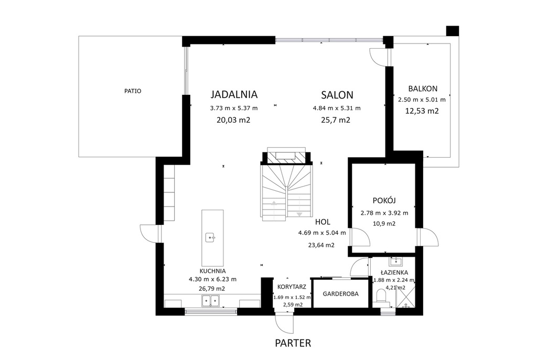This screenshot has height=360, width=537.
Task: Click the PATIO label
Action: (133, 91)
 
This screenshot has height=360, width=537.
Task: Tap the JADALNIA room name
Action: (234, 94)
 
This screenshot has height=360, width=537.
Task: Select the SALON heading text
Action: (337, 95)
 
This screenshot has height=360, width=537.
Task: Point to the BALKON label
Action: (423, 89)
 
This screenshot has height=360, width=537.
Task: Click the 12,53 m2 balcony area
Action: (422, 111)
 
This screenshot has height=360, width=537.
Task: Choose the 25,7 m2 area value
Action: (336, 120)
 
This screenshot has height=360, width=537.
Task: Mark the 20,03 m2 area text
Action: (233, 120)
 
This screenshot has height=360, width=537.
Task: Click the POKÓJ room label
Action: (384, 201)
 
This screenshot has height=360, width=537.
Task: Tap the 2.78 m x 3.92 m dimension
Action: (384, 213)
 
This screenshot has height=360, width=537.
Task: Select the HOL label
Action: (323, 222)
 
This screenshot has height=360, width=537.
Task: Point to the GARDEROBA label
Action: (340, 293)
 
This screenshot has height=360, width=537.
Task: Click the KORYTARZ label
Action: (292, 287)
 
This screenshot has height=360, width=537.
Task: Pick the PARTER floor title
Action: (293, 343)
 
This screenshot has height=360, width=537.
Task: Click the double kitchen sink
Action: (210, 301)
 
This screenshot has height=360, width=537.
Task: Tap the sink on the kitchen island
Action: (210, 237)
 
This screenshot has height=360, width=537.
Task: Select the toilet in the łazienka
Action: (381, 297)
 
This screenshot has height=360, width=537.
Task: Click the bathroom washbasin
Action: (396, 262)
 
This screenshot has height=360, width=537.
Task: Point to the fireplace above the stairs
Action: (286, 156)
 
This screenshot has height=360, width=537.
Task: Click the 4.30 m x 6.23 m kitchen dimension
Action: (212, 279)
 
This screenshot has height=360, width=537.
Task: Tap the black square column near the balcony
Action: (453, 31)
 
